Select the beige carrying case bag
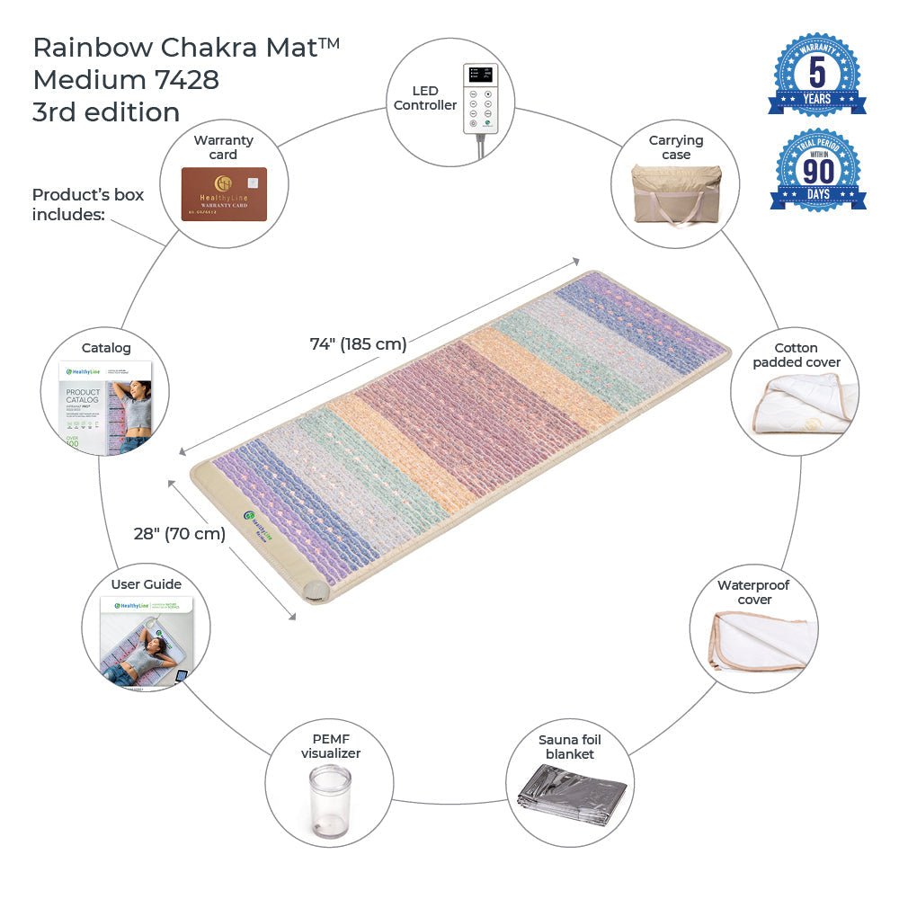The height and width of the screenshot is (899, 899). click(676, 199)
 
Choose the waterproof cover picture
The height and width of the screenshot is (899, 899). click(762, 642)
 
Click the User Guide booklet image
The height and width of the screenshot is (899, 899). click(146, 643)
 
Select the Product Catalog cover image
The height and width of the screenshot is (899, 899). click(105, 405)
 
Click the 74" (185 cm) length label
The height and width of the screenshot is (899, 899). click(358, 343)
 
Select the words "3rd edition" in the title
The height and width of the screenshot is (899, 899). click(106, 112)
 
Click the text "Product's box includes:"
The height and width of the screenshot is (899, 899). click(88, 204)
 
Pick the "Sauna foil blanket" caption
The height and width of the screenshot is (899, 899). click(570, 746)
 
